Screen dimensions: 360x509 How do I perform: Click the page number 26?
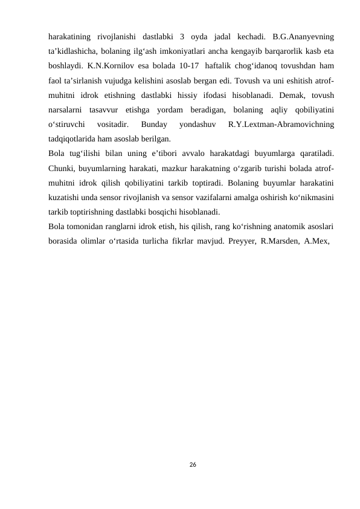pos(192,464)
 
